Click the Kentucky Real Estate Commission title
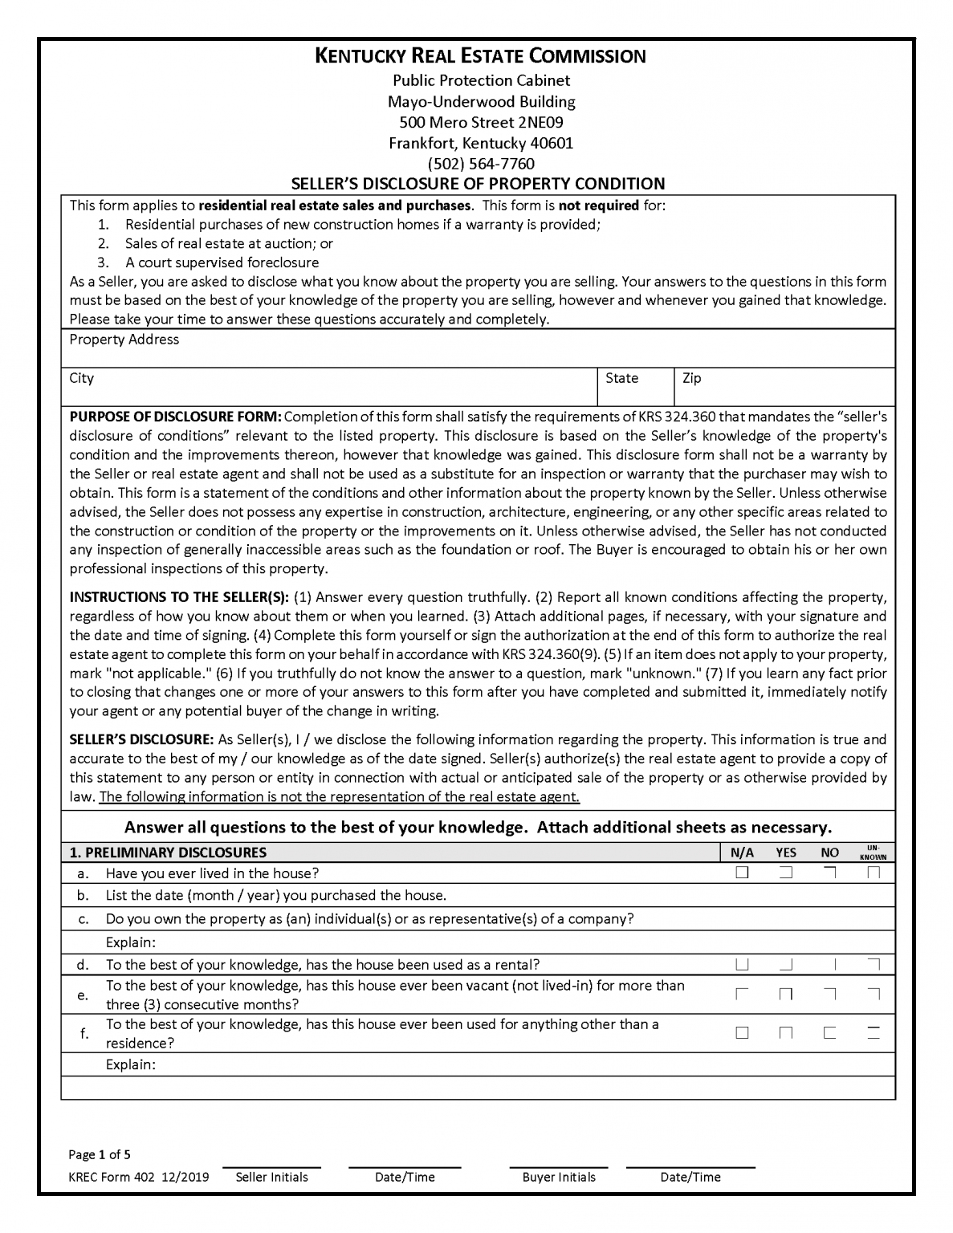[480, 55]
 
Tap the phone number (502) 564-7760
[480, 164]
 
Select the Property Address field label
[124, 340]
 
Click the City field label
[81, 378]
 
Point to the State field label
[621, 378]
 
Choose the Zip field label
[691, 378]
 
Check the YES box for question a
[786, 873]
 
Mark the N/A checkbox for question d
[742, 964]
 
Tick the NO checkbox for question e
[829, 995]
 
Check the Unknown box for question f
[874, 1033]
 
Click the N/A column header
[742, 853]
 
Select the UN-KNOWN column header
[874, 853]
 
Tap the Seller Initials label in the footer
[271, 1177]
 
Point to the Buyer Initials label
[559, 1177]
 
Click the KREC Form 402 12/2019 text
[139, 1177]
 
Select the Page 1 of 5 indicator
[100, 1155]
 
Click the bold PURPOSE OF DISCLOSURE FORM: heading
[175, 417]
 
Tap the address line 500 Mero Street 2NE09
[480, 122]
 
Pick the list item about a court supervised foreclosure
[222, 262]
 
